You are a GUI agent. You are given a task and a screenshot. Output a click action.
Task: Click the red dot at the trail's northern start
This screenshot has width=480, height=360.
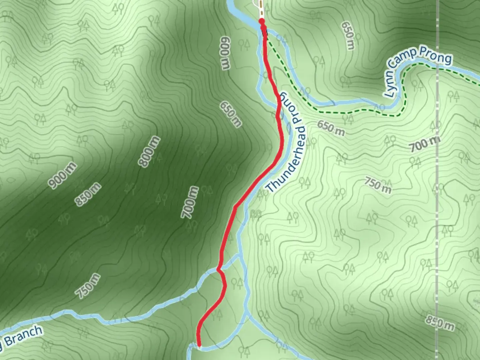tap(262, 22)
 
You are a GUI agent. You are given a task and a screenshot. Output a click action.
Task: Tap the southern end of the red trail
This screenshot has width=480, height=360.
tap(199, 346)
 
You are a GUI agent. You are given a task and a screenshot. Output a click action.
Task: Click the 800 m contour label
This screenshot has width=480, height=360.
tap(149, 152)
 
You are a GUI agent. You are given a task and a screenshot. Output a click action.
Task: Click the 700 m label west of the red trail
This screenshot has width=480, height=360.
tap(190, 202)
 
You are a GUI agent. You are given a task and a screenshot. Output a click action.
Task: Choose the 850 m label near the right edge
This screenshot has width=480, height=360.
tap(439, 322)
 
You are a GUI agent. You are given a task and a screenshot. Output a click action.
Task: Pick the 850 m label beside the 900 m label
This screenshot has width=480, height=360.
tap(88, 194)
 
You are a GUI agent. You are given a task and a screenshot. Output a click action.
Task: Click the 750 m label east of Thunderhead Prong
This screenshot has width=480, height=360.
tap(377, 185)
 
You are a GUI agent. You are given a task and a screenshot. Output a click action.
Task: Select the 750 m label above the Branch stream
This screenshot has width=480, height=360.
tap(87, 286)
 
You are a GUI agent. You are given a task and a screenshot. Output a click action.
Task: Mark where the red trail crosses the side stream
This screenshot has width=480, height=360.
tap(219, 269)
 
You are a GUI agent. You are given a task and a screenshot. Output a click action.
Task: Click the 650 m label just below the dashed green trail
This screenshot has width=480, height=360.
tap(331, 128)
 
